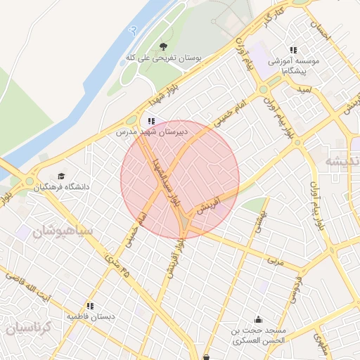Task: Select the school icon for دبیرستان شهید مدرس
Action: (x=151, y=122)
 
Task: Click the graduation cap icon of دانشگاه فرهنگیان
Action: (x=61, y=176)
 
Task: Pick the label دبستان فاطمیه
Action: (x=91, y=317)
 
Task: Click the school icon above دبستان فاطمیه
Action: (x=90, y=307)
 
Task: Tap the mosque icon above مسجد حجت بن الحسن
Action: (x=258, y=319)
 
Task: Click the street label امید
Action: (x=304, y=91)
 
